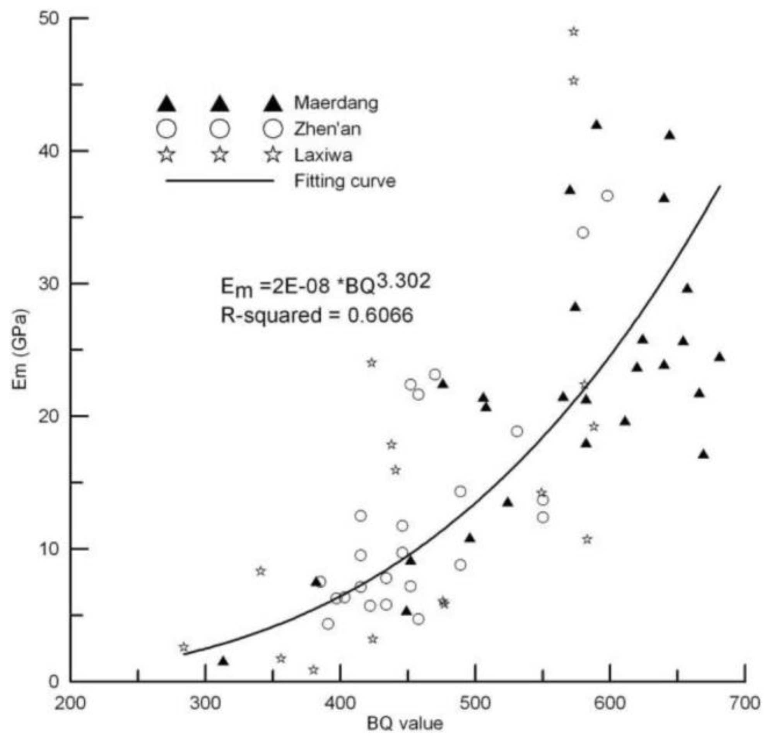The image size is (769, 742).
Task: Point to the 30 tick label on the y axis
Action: tap(49, 283)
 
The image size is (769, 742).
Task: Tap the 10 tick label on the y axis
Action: tap(49, 549)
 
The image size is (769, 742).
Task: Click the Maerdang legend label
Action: tap(336, 103)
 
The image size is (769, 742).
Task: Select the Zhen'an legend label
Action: tap(328, 129)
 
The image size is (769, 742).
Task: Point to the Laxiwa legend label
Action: tap(323, 155)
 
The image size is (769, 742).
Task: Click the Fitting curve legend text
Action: tap(345, 181)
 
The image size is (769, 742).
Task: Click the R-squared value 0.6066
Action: tap(380, 315)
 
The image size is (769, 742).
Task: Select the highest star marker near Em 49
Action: tap(574, 32)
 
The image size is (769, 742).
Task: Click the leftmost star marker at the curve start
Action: tap(184, 647)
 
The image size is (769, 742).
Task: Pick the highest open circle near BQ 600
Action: tap(607, 196)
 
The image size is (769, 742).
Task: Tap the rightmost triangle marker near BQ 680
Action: tap(719, 357)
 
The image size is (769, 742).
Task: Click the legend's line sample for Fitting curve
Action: tap(220, 181)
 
